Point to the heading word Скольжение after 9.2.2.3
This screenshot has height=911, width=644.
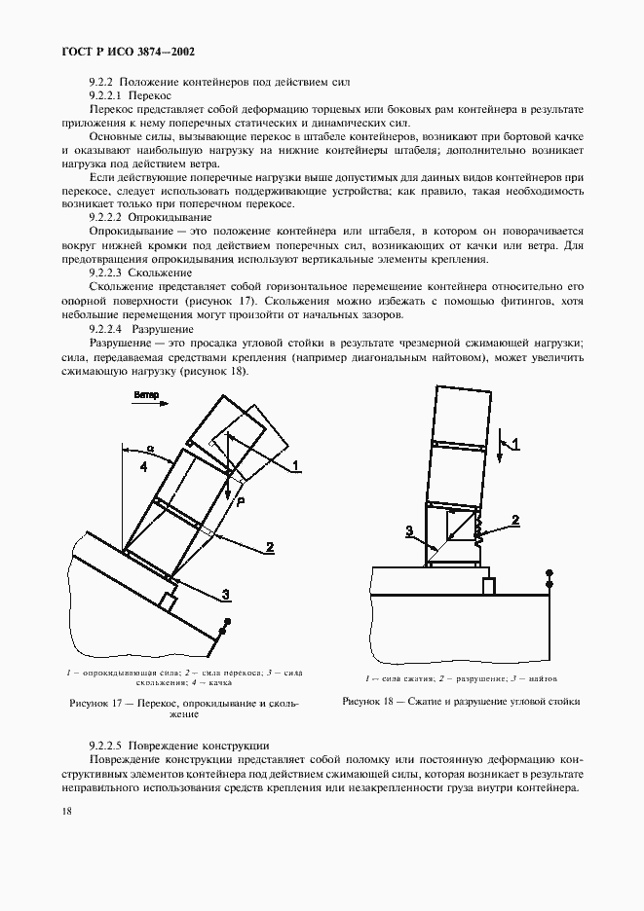[x=164, y=275]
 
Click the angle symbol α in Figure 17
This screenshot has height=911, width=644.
[x=150, y=451]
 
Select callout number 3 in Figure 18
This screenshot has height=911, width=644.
[x=410, y=531]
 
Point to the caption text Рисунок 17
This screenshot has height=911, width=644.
[x=94, y=703]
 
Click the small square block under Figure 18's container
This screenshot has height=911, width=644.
[x=489, y=586]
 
